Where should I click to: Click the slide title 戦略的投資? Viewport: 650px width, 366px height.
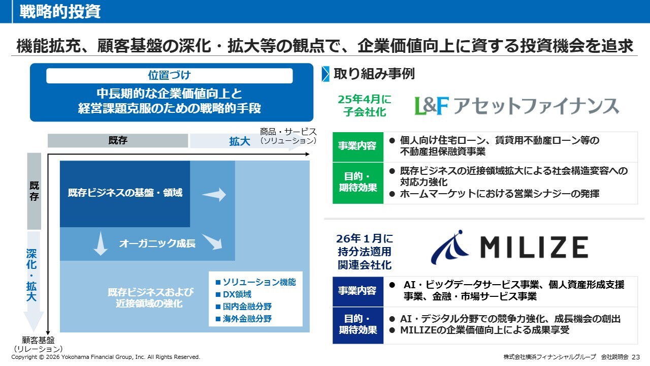pyautogui.click(x=60, y=12)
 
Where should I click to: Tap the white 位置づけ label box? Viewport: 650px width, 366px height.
pyautogui.click(x=169, y=76)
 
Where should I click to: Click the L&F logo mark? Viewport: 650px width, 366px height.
pyautogui.click(x=432, y=106)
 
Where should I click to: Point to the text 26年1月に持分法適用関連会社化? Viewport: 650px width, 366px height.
pyautogui.click(x=365, y=252)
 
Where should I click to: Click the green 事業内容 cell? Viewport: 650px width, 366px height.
pyautogui.click(x=357, y=146)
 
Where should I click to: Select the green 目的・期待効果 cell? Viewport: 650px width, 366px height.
pyautogui.click(x=357, y=182)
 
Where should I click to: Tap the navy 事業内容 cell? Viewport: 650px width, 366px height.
pyautogui.click(x=357, y=291)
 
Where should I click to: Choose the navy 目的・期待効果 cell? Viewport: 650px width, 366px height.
pyautogui.click(x=357, y=324)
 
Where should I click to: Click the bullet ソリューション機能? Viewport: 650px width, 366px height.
pyautogui.click(x=255, y=282)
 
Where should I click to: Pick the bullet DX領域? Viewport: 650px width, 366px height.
pyautogui.click(x=233, y=294)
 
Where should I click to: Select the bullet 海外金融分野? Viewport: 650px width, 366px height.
pyautogui.click(x=243, y=319)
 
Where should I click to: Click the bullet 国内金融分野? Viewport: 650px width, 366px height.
pyautogui.click(x=243, y=307)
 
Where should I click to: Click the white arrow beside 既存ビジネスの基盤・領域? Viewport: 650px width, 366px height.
pyautogui.click(x=214, y=194)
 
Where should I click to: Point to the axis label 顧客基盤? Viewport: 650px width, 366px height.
pyautogui.click(x=38, y=341)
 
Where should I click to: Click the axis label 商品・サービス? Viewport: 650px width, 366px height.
pyautogui.click(x=288, y=132)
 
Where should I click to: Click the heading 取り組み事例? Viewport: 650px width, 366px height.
pyautogui.click(x=374, y=74)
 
